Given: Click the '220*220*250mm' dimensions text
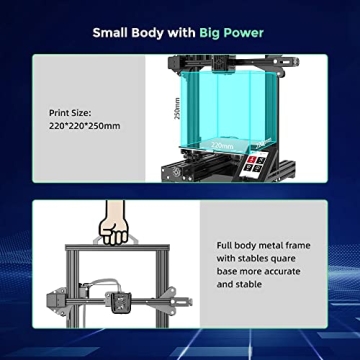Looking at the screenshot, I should [84, 126].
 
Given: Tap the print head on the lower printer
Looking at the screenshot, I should [122, 300].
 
